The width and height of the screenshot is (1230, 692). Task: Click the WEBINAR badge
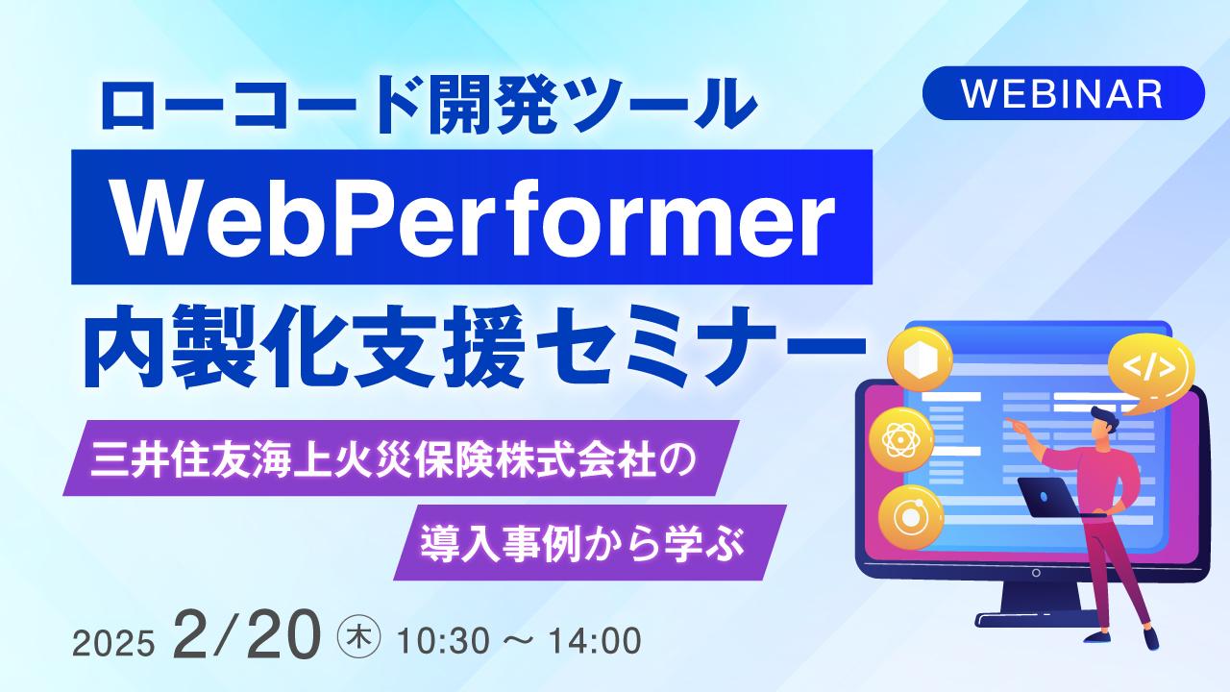point(1063,93)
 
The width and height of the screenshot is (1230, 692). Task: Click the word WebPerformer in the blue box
point(472,218)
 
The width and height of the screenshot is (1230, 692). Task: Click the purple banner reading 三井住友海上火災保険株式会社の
point(399,458)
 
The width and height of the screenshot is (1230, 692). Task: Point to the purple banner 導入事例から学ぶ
point(588,542)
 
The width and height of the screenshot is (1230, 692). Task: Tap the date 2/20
point(246,634)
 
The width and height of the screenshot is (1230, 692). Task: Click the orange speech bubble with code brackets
point(1151,368)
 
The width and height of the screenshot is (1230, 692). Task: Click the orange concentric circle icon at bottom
point(910,516)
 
